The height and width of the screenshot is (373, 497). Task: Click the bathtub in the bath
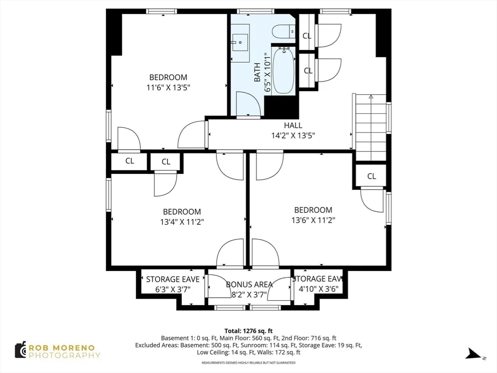(283, 71)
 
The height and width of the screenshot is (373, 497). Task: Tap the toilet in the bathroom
(283, 32)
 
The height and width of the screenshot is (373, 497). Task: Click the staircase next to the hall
(370, 128)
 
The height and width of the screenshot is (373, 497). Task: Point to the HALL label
(293, 125)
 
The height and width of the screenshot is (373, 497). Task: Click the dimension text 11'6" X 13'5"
(168, 88)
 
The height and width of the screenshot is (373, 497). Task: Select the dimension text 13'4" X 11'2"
(182, 222)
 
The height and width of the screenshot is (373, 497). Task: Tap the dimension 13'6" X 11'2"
(313, 220)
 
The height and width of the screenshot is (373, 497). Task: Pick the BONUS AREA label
(249, 284)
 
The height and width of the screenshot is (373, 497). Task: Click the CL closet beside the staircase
(371, 176)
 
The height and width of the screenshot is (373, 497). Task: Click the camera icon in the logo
(20, 350)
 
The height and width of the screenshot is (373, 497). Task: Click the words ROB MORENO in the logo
(64, 347)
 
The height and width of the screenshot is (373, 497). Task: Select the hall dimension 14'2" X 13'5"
(293, 136)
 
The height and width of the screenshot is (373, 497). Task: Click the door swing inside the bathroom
(248, 104)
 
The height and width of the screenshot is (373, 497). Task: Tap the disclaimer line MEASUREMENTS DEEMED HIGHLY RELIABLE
(248, 363)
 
